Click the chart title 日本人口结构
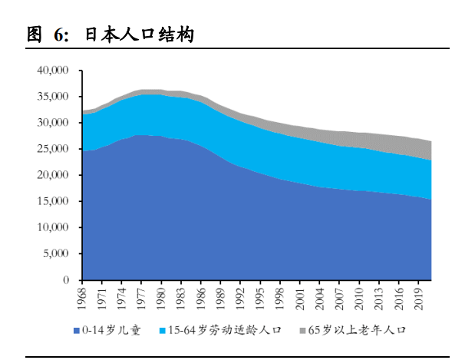pos(139,35)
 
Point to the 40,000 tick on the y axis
pos(53,70)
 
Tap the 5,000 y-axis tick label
pos(56,254)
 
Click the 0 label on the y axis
pos(68,280)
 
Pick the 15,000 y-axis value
pos(53,201)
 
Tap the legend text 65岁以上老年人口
pos(355,331)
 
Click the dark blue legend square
pos(77,331)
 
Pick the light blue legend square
pos(163,331)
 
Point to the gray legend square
pos(302,331)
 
